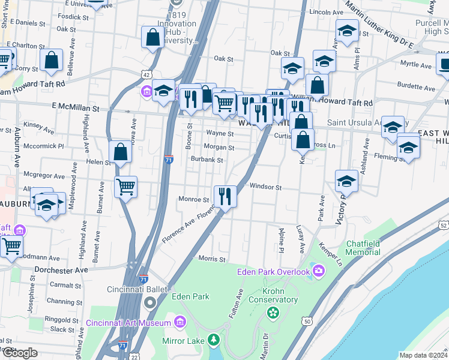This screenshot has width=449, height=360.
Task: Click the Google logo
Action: [x=20, y=353]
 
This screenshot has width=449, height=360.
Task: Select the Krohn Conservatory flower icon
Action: [x=273, y=312]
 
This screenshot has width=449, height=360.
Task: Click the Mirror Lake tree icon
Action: [x=214, y=341]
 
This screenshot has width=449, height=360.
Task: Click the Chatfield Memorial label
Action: [x=363, y=248]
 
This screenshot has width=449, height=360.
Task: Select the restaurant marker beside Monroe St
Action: [x=225, y=196]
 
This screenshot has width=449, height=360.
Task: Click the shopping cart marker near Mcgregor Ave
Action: [x=125, y=187]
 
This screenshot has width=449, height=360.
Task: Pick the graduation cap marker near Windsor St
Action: [x=347, y=180]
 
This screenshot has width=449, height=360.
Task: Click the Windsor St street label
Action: [x=266, y=187]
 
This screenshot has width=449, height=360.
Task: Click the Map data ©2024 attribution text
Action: [x=423, y=355]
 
